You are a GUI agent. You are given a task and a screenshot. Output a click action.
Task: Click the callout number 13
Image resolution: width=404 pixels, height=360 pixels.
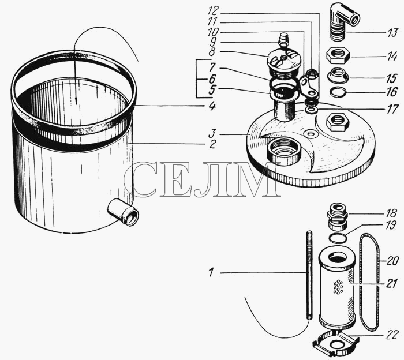click(x=392, y=33)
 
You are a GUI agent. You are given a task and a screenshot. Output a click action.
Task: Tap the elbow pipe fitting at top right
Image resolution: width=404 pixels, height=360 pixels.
click(x=343, y=21)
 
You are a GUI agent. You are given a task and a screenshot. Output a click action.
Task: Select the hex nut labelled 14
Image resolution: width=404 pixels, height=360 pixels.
click(x=338, y=57)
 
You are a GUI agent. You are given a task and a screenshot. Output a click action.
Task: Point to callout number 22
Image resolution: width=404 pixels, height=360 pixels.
click(x=392, y=336)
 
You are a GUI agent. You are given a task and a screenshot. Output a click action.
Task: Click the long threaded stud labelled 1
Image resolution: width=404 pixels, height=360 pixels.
click(x=309, y=275)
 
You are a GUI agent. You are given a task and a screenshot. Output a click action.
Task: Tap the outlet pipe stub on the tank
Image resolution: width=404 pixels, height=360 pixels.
click(x=123, y=212)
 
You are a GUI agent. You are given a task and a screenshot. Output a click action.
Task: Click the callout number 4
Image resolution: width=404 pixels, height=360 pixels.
click(x=212, y=106)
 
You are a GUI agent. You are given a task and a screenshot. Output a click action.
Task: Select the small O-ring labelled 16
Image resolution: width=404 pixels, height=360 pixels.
click(x=338, y=93)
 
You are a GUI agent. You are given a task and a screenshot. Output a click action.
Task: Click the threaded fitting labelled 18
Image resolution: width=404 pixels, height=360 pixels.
click(x=337, y=216)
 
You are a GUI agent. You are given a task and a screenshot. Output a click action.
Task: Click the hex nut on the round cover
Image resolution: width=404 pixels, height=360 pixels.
click(x=337, y=122)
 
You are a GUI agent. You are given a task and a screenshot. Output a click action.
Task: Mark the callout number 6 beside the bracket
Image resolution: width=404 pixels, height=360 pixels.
click(x=212, y=78)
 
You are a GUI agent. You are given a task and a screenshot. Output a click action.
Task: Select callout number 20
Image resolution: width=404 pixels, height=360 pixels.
click(x=392, y=261)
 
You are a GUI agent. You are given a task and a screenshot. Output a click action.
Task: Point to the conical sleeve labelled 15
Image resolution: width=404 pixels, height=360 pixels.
click(x=338, y=75)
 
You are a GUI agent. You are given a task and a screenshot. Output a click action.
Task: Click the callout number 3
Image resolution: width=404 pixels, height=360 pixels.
click(x=212, y=134)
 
